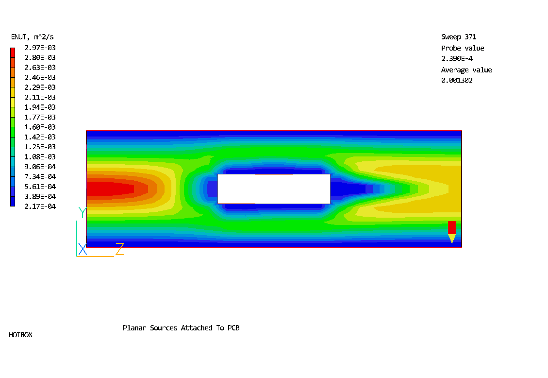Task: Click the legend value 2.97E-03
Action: pyautogui.click(x=40, y=48)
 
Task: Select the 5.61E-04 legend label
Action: pyautogui.click(x=40, y=187)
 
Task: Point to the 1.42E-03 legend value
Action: pyautogui.click(x=40, y=137)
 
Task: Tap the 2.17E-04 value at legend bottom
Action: pyautogui.click(x=40, y=206)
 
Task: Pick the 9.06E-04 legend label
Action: pyautogui.click(x=40, y=167)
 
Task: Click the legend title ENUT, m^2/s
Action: pyautogui.click(x=33, y=37)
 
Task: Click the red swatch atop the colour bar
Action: pyautogui.click(x=13, y=52)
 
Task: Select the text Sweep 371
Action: pyautogui.click(x=459, y=37)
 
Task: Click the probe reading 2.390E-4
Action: pyautogui.click(x=457, y=58)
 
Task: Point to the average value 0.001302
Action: pyautogui.click(x=457, y=80)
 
